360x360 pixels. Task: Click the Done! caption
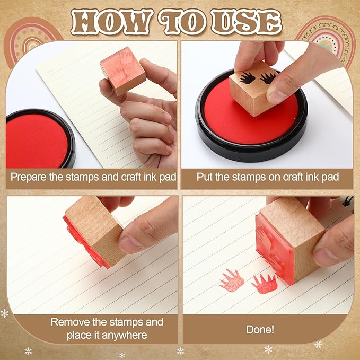(x=260, y=329)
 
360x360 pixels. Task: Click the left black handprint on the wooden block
(x=248, y=78)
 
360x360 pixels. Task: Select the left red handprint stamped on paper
(x=231, y=280)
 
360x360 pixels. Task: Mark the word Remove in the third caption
(x=68, y=322)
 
